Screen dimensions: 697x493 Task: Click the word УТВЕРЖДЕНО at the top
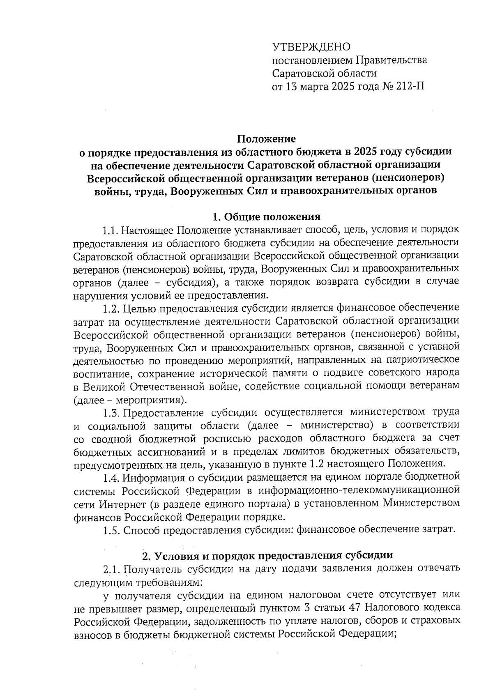click(x=311, y=47)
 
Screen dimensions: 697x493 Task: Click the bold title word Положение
click(x=266, y=138)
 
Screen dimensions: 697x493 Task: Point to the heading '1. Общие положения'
click(x=266, y=216)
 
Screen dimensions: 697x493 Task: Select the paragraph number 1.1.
click(x=111, y=229)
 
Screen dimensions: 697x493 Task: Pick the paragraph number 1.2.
click(x=111, y=307)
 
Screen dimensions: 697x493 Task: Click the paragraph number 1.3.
click(x=111, y=412)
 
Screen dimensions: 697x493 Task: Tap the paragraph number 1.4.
click(x=111, y=477)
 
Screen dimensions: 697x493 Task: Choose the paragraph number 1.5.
click(x=111, y=530)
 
